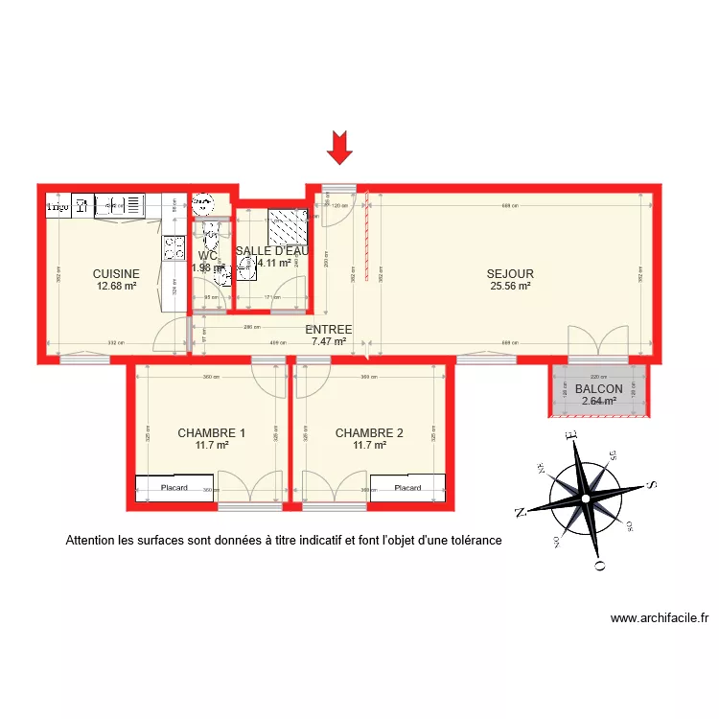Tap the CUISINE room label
pos(116,273)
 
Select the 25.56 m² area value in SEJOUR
pos(510,286)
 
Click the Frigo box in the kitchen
pos(57,205)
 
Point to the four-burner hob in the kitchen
pos(174,248)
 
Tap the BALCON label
pos(599,389)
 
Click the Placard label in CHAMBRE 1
pos(174,488)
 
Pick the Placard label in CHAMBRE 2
pos(407,488)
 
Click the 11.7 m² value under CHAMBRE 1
pos(211,445)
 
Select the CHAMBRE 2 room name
pos(369,433)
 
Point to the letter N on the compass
pos(521,511)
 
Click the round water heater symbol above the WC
pos(203,203)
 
